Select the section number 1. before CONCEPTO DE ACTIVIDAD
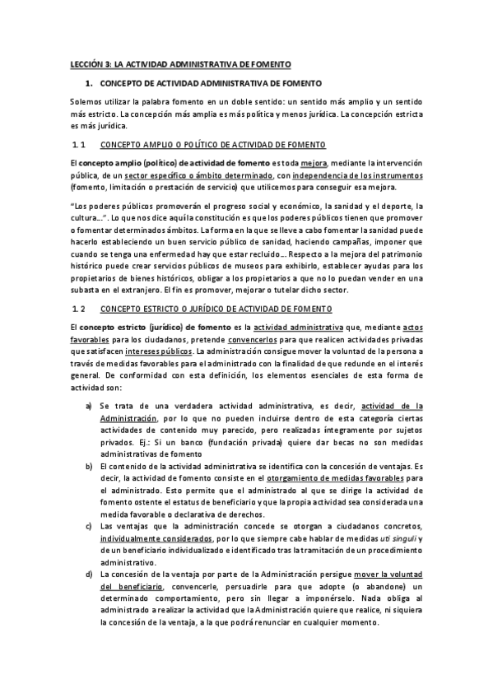tap(89, 84)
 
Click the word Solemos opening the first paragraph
tap(85, 100)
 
